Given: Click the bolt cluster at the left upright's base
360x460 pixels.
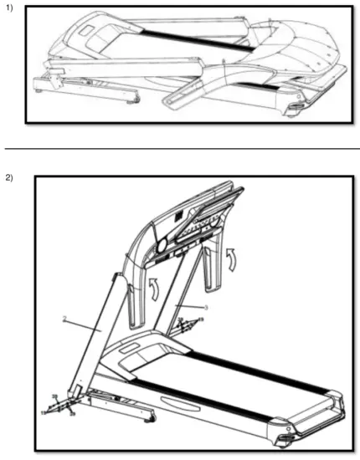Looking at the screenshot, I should pyautogui.click(x=59, y=406).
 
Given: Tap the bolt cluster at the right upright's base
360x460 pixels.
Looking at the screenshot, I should pyautogui.click(x=183, y=322).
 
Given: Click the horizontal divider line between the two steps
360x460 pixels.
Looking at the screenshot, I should pyautogui.click(x=180, y=148).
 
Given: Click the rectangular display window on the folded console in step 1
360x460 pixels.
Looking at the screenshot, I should pyautogui.click(x=87, y=29).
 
